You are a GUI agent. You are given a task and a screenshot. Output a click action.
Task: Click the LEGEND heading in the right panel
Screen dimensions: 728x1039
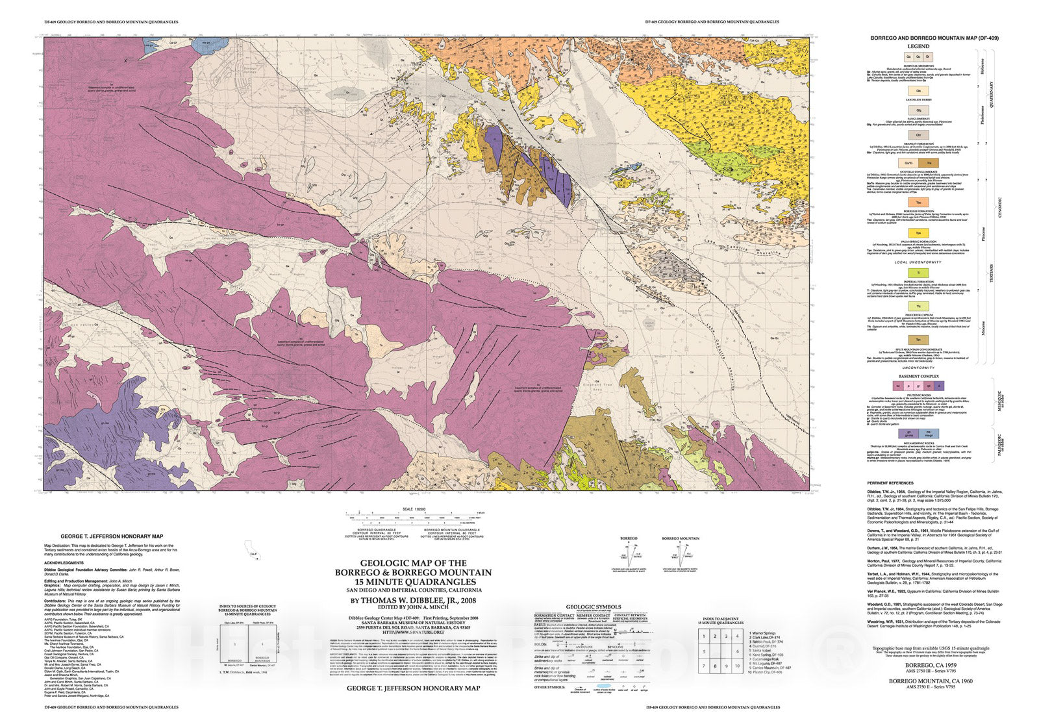[918, 46]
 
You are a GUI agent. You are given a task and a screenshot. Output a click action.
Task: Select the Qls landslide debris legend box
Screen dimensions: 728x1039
[918, 91]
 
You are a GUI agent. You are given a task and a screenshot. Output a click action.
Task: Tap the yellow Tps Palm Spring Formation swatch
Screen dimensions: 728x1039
[918, 232]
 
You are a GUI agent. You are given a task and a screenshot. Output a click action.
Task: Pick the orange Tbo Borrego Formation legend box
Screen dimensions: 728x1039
[918, 203]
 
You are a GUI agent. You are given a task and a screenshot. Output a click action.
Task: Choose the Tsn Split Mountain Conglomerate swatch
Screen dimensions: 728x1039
[918, 340]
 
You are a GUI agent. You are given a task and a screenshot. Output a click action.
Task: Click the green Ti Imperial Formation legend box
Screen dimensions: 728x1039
[918, 273]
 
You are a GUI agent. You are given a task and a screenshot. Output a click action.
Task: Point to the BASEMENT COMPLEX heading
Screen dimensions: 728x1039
[918, 377]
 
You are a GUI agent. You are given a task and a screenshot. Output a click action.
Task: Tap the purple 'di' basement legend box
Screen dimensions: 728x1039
[939, 386]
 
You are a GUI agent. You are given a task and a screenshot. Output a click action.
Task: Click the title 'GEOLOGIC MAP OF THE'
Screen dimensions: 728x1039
[414, 563]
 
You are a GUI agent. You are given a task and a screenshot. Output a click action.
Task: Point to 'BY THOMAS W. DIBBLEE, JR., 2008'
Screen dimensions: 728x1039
[414, 601]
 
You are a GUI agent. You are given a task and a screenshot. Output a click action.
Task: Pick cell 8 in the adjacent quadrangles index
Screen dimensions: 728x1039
[715, 666]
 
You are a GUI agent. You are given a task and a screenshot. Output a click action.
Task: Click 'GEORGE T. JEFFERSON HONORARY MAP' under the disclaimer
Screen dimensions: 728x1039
[414, 688]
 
